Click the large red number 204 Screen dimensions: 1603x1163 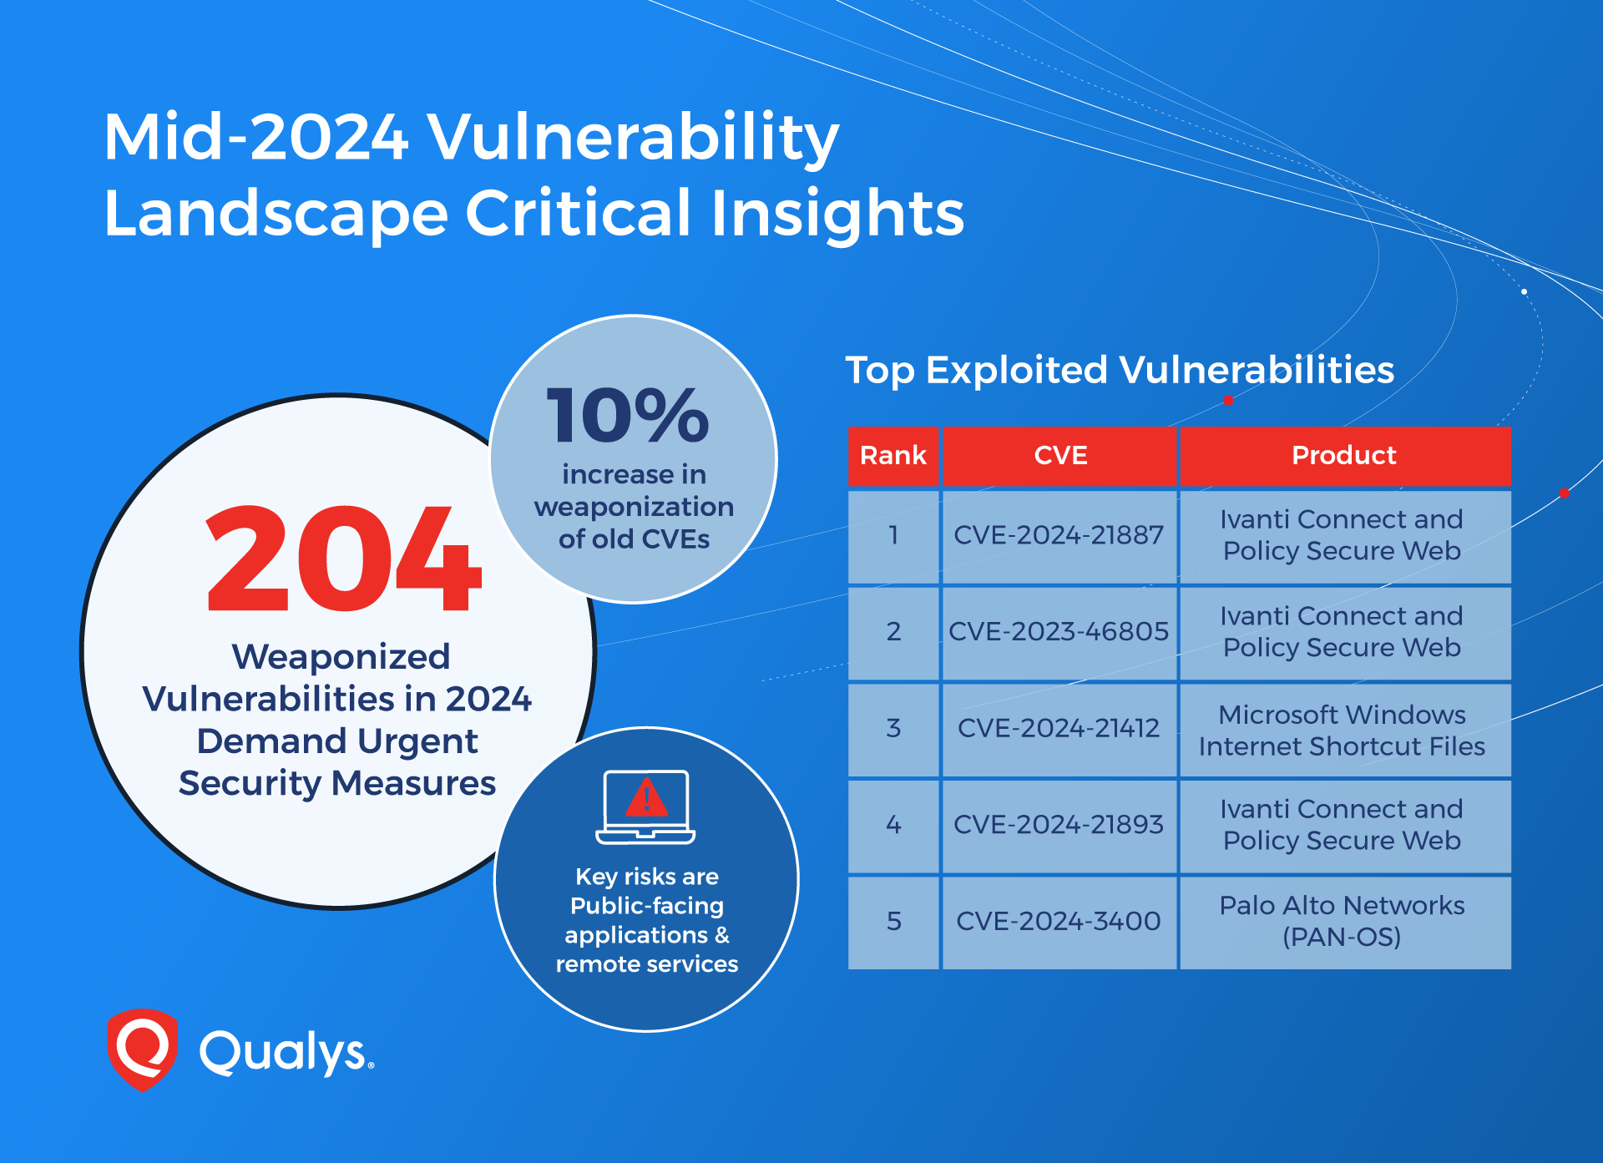(x=343, y=559)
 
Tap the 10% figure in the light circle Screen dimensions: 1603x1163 (x=628, y=415)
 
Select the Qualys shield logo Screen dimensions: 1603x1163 (x=143, y=1049)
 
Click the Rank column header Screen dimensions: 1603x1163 (x=893, y=456)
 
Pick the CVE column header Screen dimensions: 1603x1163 (x=1060, y=456)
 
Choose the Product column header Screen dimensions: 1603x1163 (x=1344, y=456)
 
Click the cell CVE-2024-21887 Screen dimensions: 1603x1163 (x=1059, y=536)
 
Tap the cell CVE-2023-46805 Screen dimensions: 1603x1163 (x=1059, y=632)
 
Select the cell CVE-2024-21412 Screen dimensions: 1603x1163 (x=1059, y=729)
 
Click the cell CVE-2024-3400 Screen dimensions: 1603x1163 (x=1059, y=922)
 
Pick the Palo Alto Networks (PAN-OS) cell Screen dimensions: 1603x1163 (x=1345, y=922)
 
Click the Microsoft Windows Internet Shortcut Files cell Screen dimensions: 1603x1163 (x=1345, y=729)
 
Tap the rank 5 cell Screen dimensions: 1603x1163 (x=893, y=922)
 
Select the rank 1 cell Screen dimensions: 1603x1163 (x=893, y=536)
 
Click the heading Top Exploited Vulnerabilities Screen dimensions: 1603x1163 (x=1120, y=370)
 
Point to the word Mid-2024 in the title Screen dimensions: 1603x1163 (x=256, y=137)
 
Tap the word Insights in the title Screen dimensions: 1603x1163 (x=837, y=215)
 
